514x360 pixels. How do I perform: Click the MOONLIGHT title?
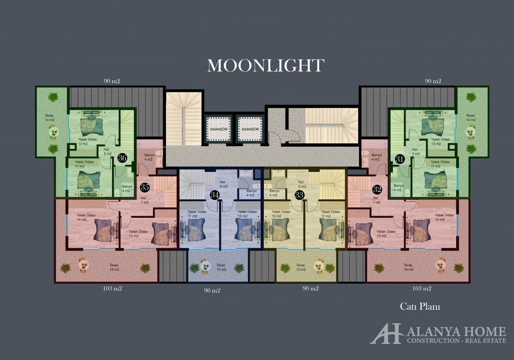point(266,65)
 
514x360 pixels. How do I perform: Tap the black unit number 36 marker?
point(122,158)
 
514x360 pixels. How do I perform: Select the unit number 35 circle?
point(145,187)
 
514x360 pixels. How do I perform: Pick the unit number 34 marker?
point(215,195)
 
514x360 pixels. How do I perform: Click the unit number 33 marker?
point(300,195)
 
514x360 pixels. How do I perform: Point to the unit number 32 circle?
point(377,189)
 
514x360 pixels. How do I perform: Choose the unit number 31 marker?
point(400,159)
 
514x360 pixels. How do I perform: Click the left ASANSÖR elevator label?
point(219,129)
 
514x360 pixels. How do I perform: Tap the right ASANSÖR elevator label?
point(250,129)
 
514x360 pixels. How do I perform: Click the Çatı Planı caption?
point(420,307)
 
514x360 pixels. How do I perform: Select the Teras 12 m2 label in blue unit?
point(221,267)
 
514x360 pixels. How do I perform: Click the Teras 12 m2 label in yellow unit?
point(301,267)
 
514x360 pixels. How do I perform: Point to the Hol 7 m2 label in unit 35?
point(144,200)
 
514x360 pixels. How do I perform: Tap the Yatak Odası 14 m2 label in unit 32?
point(444,217)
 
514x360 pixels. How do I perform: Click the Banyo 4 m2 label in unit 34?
point(251,193)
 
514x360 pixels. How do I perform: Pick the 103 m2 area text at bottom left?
point(112,288)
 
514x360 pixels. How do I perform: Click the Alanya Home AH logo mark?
point(386,334)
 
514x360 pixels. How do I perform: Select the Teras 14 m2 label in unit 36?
point(49,118)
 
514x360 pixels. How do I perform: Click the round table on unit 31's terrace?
point(470,132)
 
